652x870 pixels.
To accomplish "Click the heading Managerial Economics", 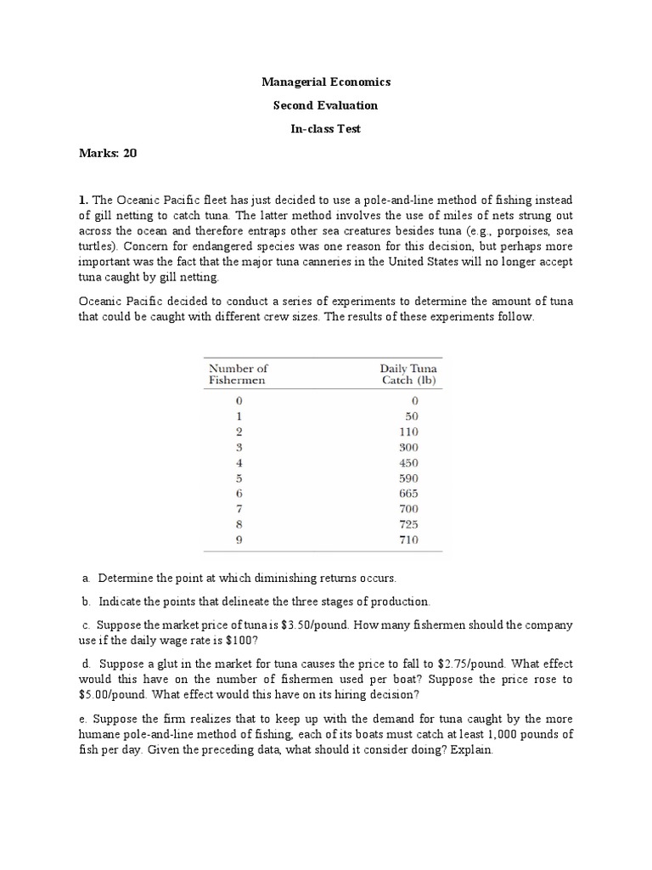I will point(325,82).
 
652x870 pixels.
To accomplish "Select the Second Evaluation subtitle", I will point(325,105).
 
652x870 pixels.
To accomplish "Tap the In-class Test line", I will point(325,128).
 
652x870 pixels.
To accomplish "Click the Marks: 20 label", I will point(107,153).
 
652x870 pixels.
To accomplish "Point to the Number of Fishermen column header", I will point(238,374).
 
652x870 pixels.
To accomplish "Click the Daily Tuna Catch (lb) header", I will point(408,374).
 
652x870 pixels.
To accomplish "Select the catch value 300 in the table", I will point(409,447).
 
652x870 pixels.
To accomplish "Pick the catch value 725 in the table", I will point(409,523).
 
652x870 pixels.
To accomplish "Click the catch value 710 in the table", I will point(409,540).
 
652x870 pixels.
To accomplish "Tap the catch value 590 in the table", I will point(409,477).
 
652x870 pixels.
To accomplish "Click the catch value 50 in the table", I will point(412,416).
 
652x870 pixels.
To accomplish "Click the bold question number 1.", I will point(82,200).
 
